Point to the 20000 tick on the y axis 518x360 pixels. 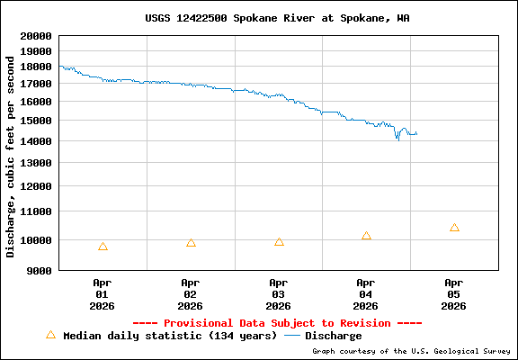36,36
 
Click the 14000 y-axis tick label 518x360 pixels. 36,141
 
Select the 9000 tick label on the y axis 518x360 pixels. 40,270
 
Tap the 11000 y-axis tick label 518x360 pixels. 36,211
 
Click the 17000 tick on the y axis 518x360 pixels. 36,84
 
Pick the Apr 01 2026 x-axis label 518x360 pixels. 102,293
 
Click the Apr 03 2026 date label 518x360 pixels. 278,293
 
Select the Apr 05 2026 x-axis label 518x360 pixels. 454,293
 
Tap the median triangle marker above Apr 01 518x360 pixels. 103,247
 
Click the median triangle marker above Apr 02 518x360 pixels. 191,243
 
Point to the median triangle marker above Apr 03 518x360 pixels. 279,242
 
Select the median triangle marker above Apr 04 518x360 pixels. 366,236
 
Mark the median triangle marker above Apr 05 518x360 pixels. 454,228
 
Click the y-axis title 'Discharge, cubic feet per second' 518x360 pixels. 11,155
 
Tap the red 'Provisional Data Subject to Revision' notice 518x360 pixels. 277,323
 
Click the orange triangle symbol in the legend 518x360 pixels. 50,335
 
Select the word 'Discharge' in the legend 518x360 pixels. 334,336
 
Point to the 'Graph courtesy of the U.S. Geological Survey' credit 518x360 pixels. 410,351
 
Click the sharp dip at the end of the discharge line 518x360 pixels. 397,139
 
